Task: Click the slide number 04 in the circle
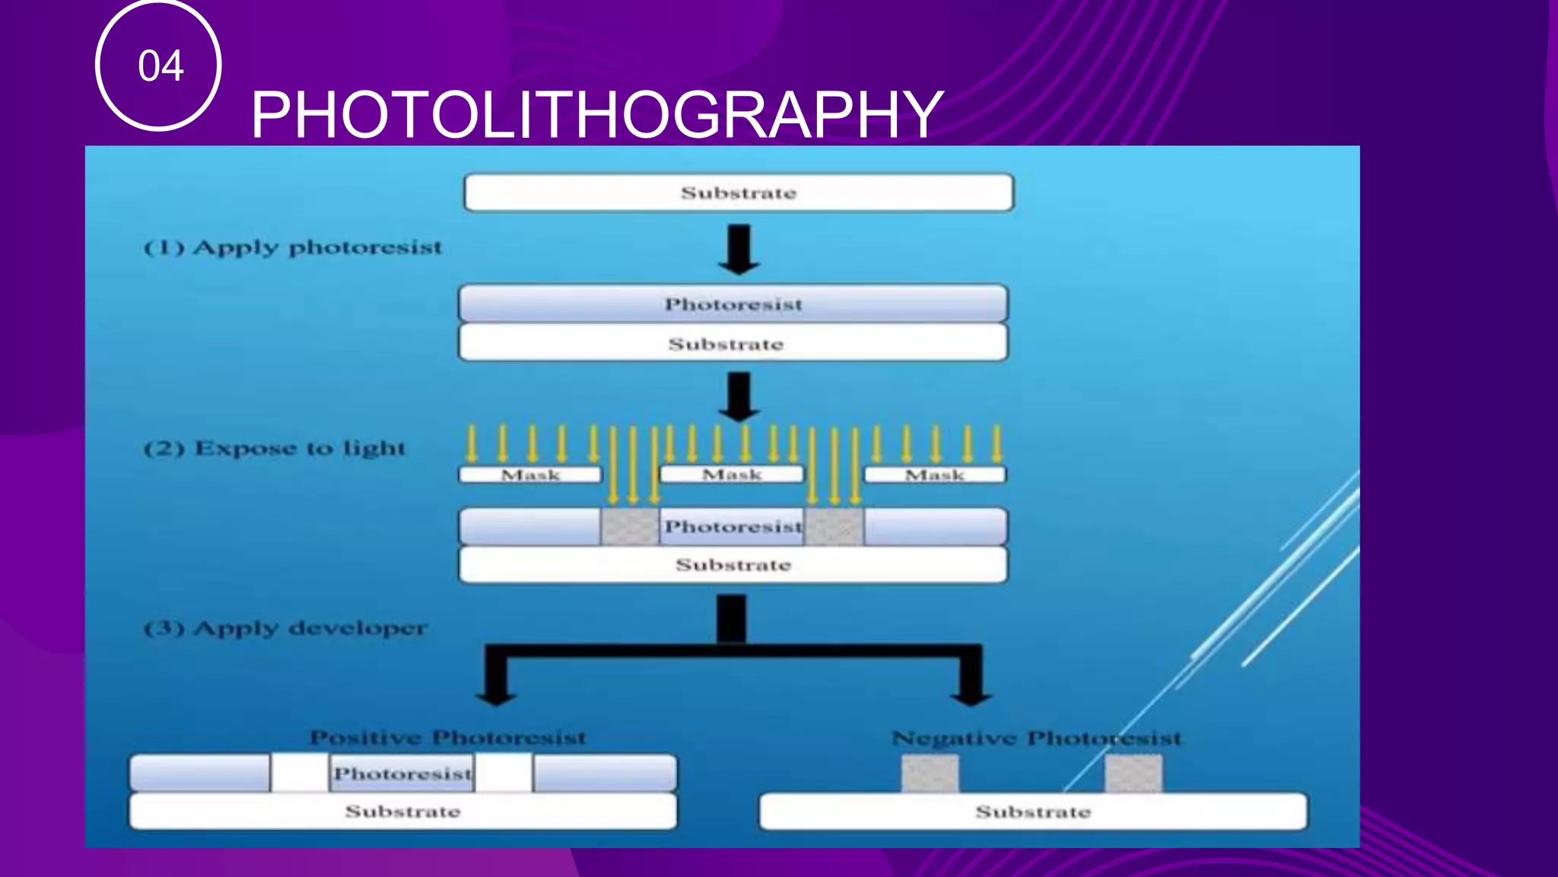click(160, 66)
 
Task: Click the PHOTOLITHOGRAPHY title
click(596, 114)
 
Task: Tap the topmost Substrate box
click(738, 193)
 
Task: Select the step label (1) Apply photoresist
click(293, 248)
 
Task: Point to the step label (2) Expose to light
click(275, 448)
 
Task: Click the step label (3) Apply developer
click(285, 629)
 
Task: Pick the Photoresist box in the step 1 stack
click(733, 304)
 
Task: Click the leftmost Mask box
click(530, 475)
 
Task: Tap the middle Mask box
click(731, 475)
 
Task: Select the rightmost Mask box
click(935, 475)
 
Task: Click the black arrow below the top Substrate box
click(739, 250)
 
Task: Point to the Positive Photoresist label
click(448, 737)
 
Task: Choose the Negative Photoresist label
click(1036, 738)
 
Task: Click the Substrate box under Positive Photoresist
click(402, 812)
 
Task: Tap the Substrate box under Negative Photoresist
click(1033, 812)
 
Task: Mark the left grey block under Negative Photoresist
click(930, 773)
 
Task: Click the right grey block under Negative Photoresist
click(1134, 773)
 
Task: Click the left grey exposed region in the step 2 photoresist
click(630, 527)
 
